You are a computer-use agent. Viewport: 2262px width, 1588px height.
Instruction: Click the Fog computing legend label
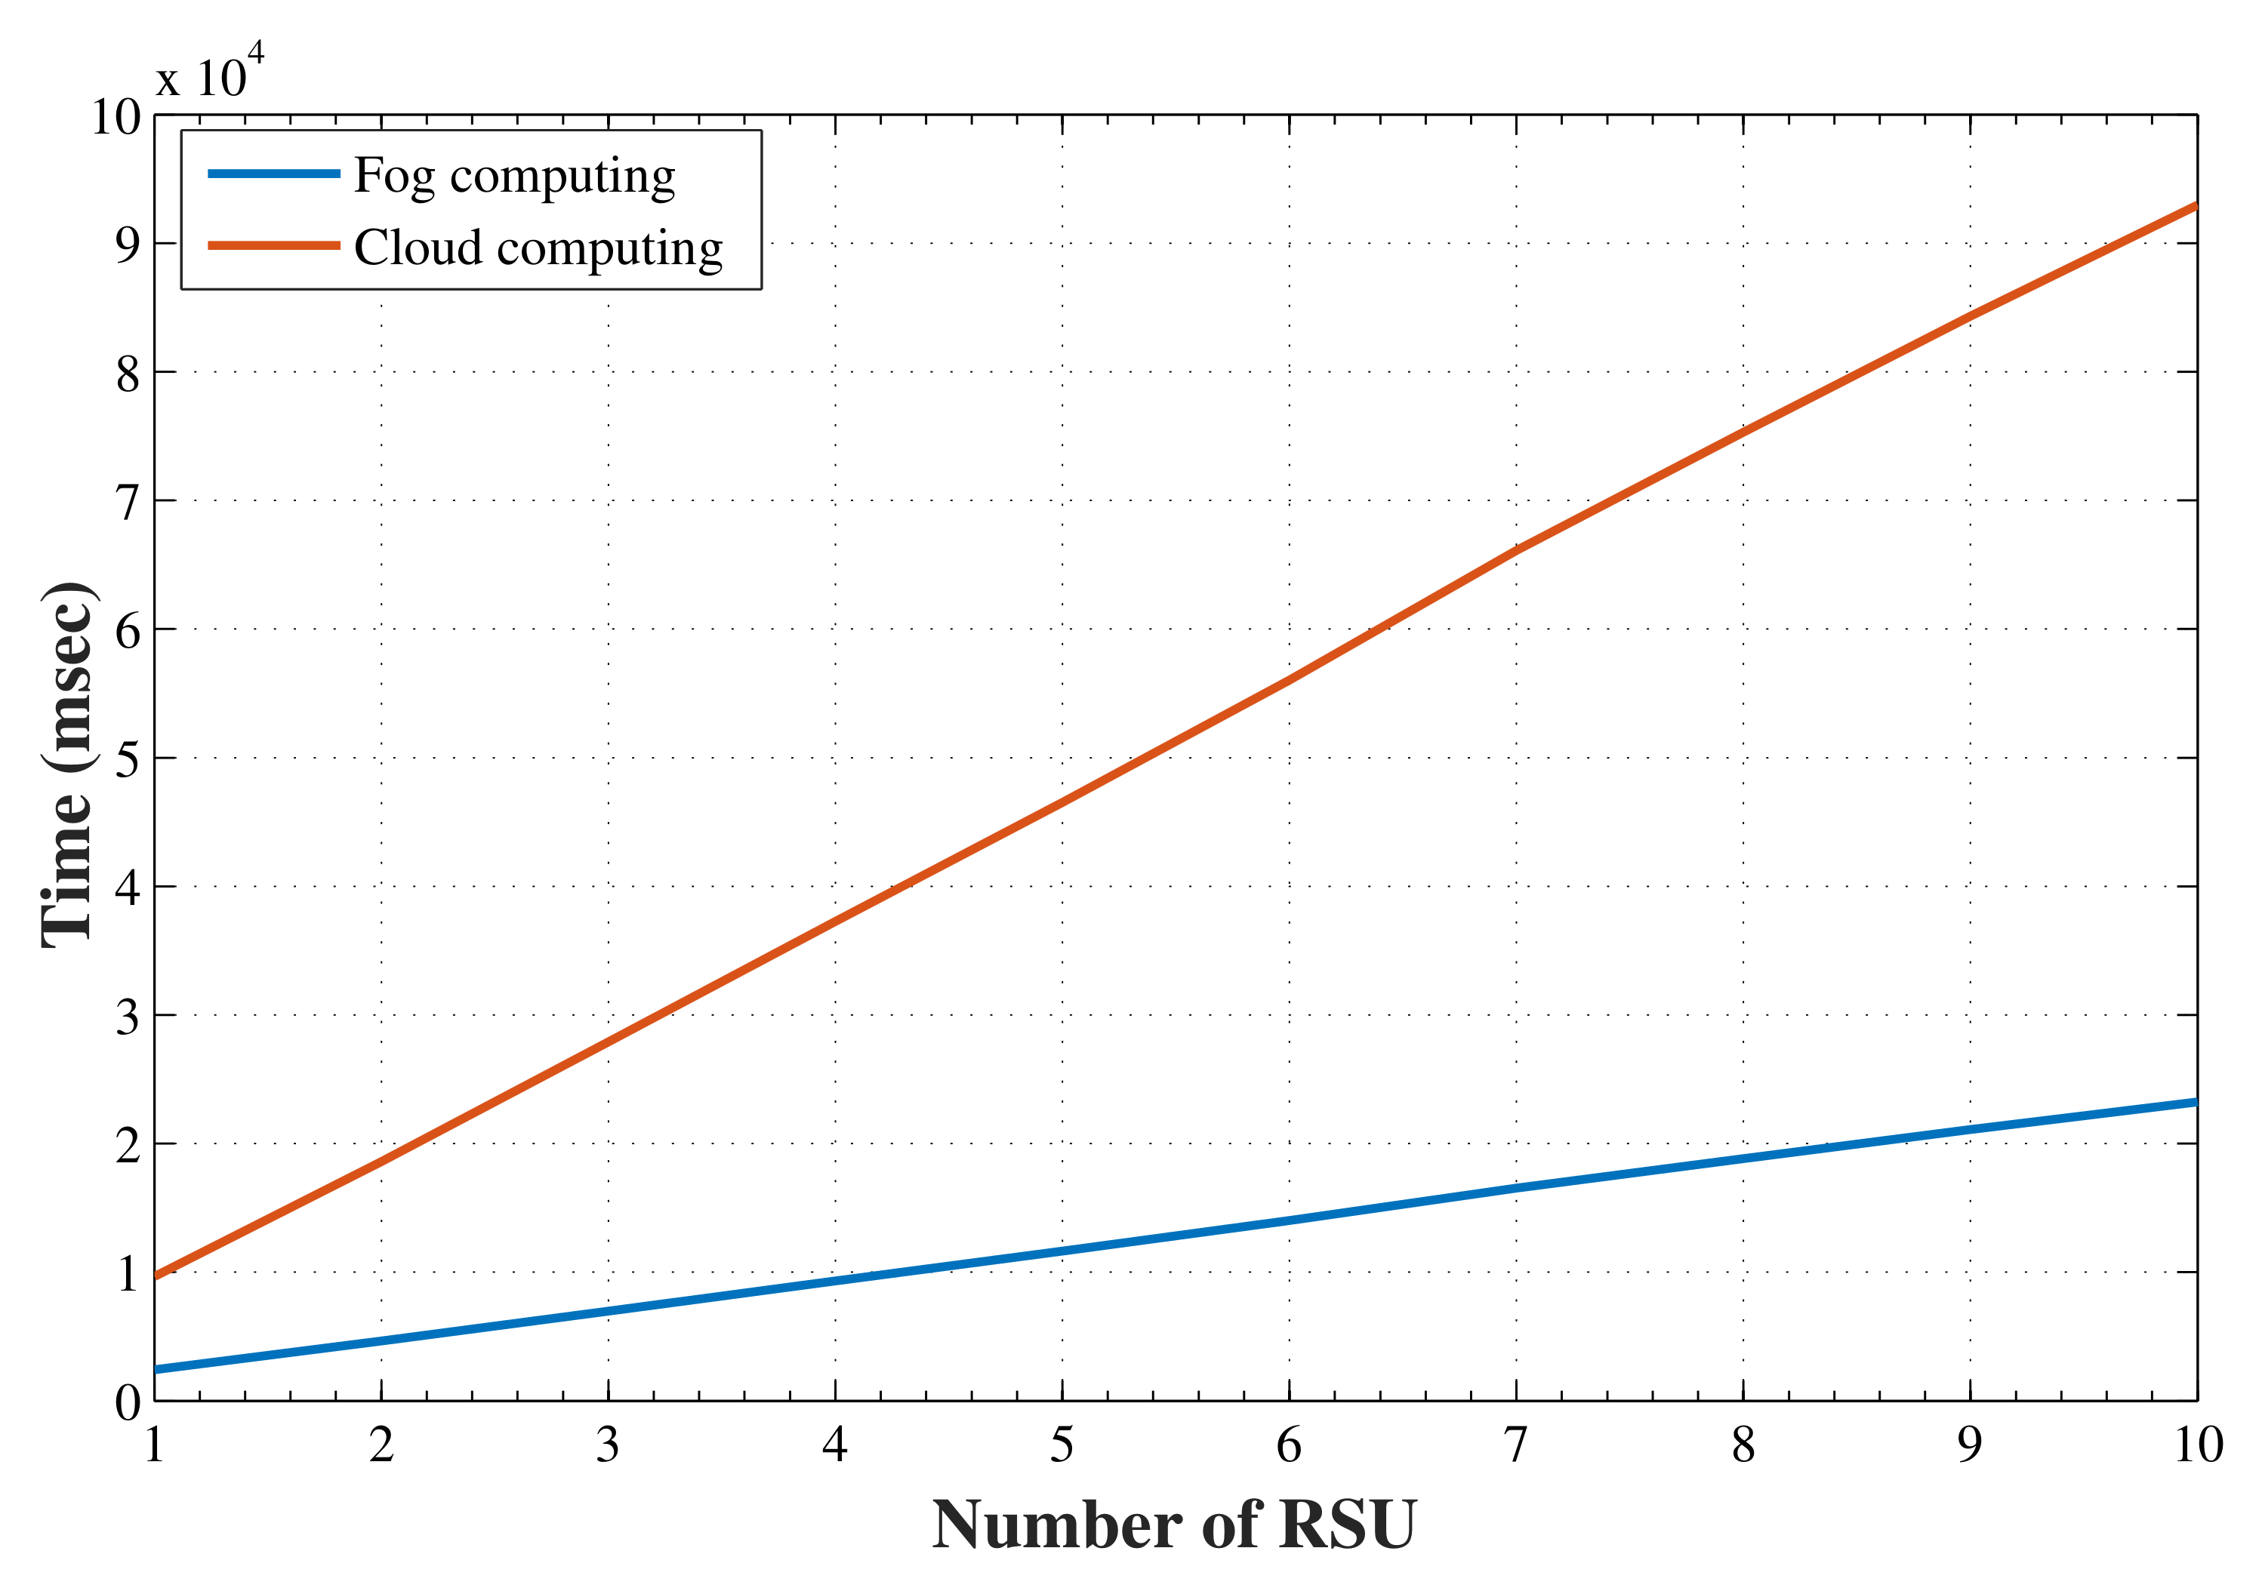(x=514, y=177)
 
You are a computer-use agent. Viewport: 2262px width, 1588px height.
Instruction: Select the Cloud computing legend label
(x=538, y=248)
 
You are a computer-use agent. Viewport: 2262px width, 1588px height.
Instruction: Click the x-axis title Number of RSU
(x=1173, y=1525)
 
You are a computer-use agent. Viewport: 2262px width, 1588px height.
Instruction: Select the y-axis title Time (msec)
(x=68, y=765)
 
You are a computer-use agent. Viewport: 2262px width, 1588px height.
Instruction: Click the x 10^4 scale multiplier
(x=210, y=75)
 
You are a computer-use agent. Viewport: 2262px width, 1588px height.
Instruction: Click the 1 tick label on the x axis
(x=154, y=1445)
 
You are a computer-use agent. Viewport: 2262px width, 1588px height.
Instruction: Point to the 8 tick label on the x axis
(x=1743, y=1445)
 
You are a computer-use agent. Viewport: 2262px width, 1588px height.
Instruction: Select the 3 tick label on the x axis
(x=608, y=1445)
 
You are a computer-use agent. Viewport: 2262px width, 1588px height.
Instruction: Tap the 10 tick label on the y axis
(x=116, y=117)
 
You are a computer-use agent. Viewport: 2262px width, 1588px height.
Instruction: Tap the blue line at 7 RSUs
(x=1516, y=1188)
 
